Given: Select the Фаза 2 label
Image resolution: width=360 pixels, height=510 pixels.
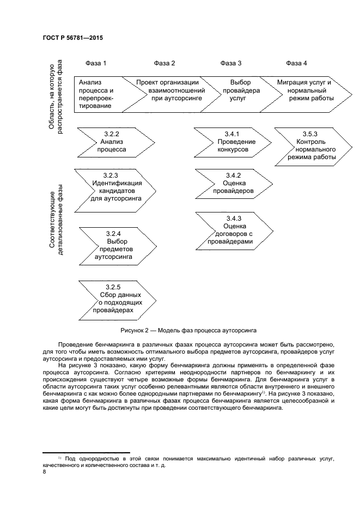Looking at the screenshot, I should point(164,63).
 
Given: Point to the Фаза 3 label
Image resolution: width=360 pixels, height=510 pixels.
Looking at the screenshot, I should point(231,63).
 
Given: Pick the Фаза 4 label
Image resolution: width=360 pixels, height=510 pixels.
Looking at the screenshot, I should point(296,63).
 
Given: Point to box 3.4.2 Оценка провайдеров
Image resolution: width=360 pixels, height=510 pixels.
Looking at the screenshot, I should point(232,183).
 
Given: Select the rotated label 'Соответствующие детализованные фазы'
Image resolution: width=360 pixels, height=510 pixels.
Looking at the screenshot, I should point(56,218).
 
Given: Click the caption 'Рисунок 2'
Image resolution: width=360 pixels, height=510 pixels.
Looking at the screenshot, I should point(180,331).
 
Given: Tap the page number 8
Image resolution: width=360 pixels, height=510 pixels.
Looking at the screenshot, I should point(44,472).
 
